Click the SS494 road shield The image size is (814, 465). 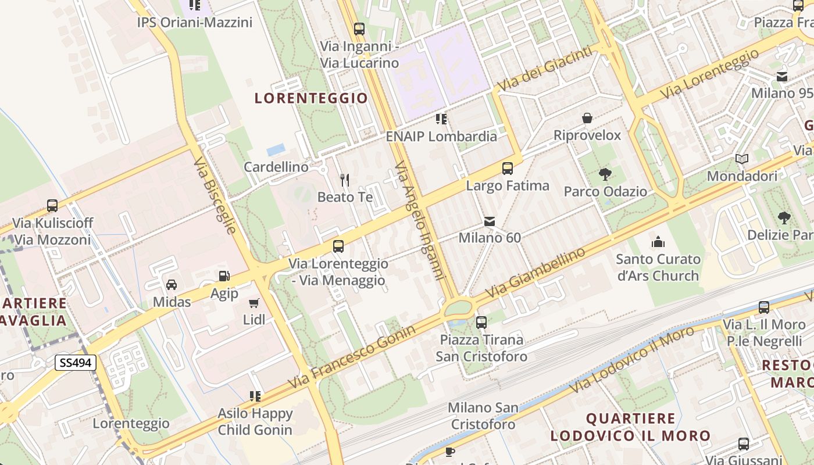point(76,363)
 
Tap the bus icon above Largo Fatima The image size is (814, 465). point(508,169)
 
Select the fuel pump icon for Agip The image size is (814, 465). point(224,276)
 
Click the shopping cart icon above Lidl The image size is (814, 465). point(254,303)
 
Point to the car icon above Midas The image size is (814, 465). point(172,285)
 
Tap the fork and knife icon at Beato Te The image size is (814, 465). point(345,180)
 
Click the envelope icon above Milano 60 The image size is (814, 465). point(490,221)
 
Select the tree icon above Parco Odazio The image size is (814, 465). point(605,174)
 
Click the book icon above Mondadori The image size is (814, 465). point(741,159)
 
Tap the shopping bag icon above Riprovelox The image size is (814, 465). point(587,118)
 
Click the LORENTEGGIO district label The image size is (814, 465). point(312,98)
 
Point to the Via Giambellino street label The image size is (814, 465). point(535,273)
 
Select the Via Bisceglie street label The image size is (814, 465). point(215,195)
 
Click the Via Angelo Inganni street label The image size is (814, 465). point(419,221)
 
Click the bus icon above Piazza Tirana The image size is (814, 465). point(481,322)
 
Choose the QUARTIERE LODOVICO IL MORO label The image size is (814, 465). point(631,427)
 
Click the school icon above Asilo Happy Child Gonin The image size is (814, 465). point(255,396)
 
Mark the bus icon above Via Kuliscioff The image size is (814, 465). point(52,205)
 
